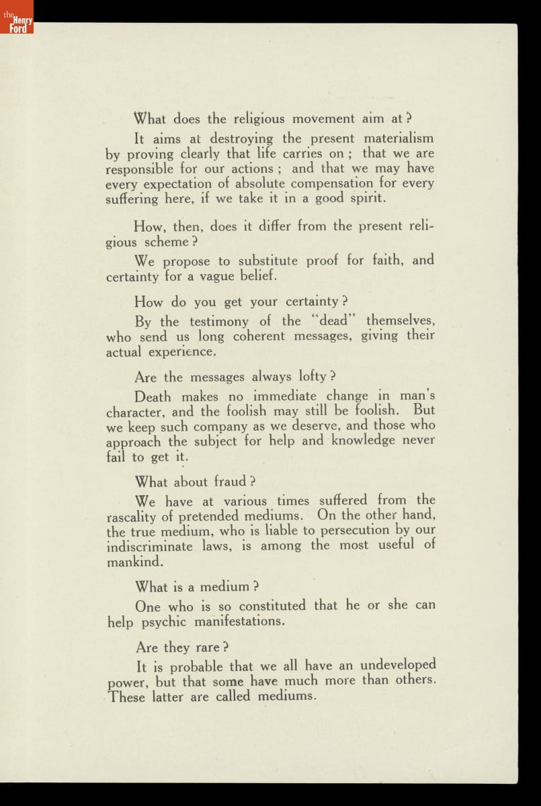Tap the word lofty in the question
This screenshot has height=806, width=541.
308,376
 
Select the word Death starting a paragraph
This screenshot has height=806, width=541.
154,396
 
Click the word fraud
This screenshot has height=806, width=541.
230,482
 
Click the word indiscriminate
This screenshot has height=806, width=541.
150,546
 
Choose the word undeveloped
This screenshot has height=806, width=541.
398,665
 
